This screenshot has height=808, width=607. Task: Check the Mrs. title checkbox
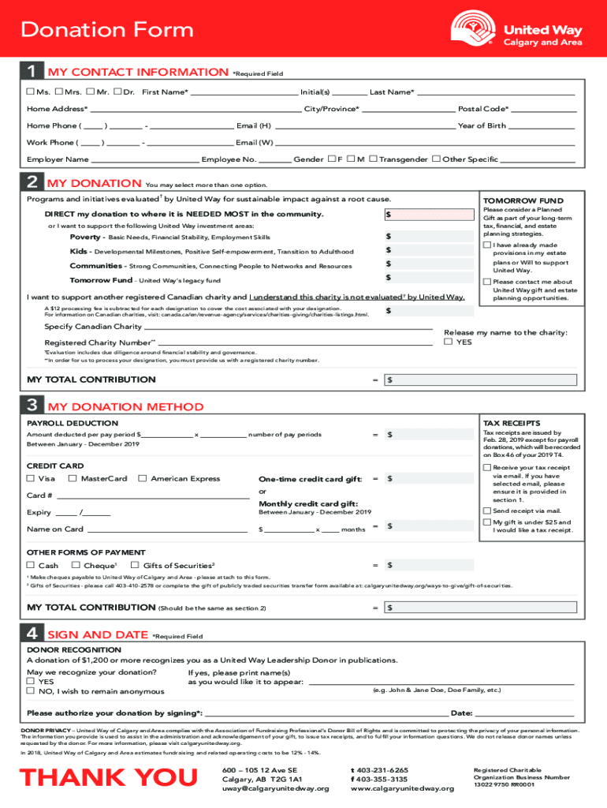click(59, 92)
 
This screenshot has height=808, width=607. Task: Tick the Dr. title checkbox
click(117, 92)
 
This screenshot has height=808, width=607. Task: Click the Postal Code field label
click(483, 109)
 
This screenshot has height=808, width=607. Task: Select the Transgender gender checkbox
click(373, 159)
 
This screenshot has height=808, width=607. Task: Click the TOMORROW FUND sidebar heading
click(512, 201)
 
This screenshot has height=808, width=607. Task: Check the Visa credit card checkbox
click(31, 478)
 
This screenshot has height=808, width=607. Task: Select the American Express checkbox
click(143, 478)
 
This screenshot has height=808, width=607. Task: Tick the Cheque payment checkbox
click(76, 565)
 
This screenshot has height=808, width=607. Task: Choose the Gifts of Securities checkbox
click(135, 565)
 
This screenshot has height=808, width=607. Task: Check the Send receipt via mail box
click(486, 511)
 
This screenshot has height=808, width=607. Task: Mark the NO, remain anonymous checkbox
click(31, 691)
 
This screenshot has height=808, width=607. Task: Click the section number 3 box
click(31, 406)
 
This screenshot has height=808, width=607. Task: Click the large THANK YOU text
click(109, 777)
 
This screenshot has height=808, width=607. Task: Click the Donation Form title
click(107, 30)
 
